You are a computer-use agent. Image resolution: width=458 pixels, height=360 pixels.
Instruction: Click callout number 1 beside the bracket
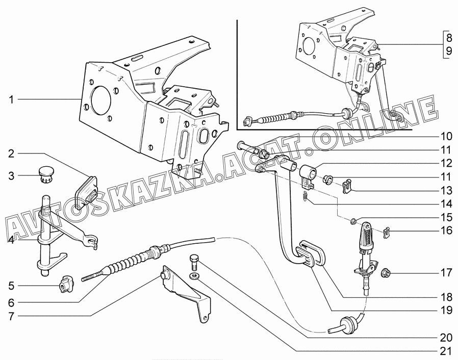click(x=11, y=99)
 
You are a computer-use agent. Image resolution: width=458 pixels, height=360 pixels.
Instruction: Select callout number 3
click(x=11, y=176)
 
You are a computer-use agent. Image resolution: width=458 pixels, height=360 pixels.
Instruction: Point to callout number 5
click(x=11, y=285)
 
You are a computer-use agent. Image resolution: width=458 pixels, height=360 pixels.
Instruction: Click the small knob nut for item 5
click(x=66, y=284)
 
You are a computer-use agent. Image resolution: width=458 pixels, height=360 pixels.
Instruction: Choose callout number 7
click(x=11, y=316)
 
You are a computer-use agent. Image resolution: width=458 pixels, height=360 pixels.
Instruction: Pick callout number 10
click(x=446, y=136)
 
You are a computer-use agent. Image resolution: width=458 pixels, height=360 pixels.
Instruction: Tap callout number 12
click(x=446, y=164)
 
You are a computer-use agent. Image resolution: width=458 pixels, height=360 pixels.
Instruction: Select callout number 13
click(x=446, y=191)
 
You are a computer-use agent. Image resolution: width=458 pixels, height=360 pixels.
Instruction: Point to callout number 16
click(x=446, y=230)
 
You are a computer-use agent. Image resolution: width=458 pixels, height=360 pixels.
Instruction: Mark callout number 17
click(x=446, y=273)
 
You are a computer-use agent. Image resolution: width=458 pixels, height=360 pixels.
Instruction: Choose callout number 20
click(x=446, y=338)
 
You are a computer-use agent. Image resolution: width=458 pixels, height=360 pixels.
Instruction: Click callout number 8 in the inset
click(x=448, y=37)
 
